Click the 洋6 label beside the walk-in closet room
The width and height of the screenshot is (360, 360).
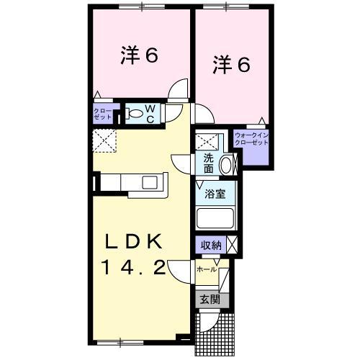coord(230,65)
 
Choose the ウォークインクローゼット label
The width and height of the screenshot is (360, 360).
coord(251,138)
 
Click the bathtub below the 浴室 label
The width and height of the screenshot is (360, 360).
coord(215,219)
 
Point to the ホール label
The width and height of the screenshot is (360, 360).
coord(207,269)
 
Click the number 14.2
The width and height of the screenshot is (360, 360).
coord(136,269)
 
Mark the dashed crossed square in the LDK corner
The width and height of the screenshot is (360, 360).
coord(104,140)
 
